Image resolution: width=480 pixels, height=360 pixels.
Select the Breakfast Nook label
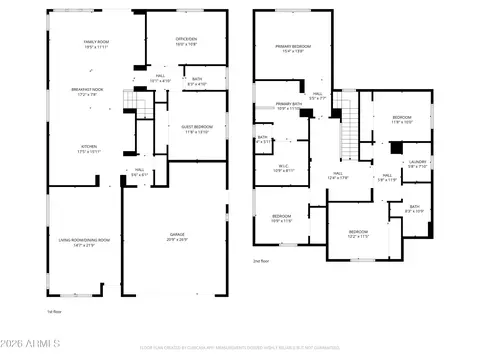pyautogui.click(x=90, y=93)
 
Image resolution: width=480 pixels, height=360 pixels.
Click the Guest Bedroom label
pyautogui.click(x=197, y=129)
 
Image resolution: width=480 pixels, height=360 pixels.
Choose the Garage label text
pyautogui.click(x=176, y=238)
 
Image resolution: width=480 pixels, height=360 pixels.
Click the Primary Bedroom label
pyautogui.click(x=293, y=49)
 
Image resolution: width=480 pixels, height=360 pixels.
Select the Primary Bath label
pyautogui.click(x=290, y=106)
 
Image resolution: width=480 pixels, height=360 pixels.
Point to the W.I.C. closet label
pyautogui.click(x=284, y=169)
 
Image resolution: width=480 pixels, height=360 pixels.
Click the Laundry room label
pyautogui.click(x=417, y=163)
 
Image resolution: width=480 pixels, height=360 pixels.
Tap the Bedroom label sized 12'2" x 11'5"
pyautogui.click(x=359, y=235)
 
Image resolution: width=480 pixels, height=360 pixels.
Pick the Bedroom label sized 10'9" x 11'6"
pyautogui.click(x=282, y=218)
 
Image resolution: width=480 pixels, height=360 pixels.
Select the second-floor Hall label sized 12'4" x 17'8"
pyautogui.click(x=338, y=176)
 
